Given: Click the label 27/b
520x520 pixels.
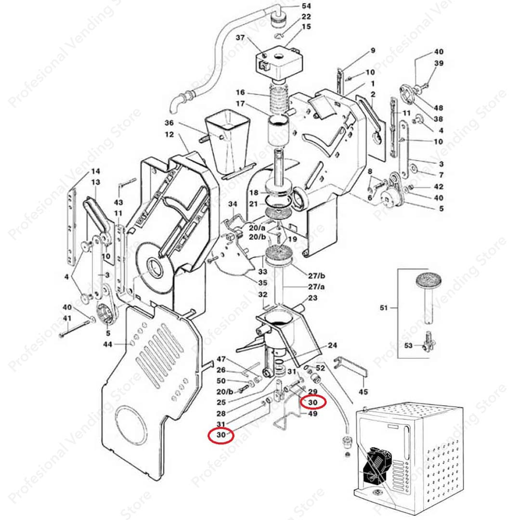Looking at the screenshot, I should point(316,276).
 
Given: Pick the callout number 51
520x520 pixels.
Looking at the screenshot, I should point(383,307).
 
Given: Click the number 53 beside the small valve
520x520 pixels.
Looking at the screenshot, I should point(409,345).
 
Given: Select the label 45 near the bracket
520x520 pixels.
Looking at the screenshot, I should point(364,391).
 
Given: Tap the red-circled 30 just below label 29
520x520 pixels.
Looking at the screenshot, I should point(313,402).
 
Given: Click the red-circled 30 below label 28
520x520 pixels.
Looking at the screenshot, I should point(221,435).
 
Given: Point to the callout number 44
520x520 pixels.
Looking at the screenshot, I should point(107,344).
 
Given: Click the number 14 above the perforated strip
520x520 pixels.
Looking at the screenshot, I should point(95,171).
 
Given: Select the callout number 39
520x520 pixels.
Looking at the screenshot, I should point(439,64).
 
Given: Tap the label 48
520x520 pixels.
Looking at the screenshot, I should point(438,107).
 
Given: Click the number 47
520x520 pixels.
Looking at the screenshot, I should point(221,359).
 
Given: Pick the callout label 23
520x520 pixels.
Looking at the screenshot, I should point(312,298).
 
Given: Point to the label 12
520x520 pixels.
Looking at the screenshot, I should point(169,134).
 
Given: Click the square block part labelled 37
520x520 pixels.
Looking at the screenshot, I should point(279,62).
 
